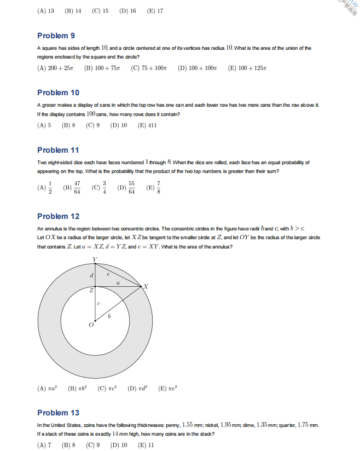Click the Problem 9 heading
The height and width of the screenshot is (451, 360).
pos(56,36)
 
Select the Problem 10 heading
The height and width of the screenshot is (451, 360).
pos(58,92)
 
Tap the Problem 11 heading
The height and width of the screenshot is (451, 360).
pos(58,150)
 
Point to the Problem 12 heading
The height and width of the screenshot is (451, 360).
pos(58,216)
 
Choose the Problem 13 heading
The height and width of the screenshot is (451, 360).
pos(58,413)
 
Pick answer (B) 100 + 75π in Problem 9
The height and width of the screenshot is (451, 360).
pos(103,68)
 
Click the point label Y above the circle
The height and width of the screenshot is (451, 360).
pos(95,259)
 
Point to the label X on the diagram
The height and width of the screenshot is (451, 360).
pos(146,286)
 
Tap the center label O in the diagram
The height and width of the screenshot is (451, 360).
pos(91,325)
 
